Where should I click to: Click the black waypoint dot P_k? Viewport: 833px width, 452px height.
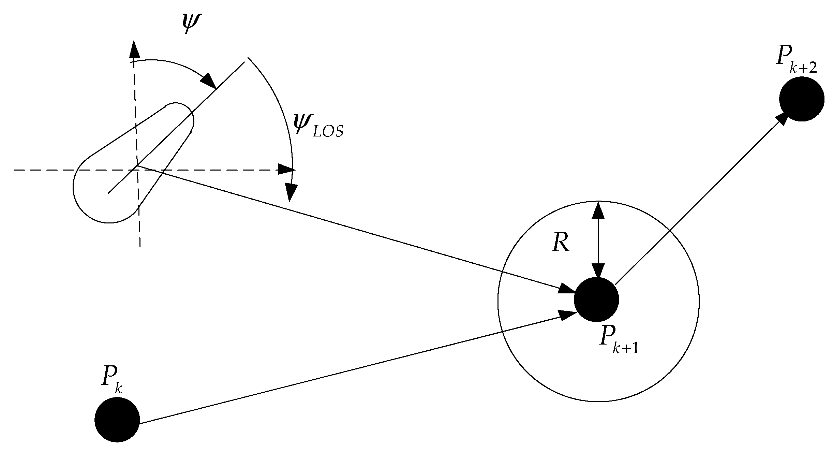[117, 420]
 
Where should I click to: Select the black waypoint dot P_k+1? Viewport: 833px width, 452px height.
[596, 300]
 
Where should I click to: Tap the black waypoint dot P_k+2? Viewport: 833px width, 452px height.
[801, 99]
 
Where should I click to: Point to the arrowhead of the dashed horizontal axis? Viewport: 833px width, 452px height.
[286, 169]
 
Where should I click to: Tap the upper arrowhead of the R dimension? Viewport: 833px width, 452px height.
[598, 210]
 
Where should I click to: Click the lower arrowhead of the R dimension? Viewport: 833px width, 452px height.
[598, 271]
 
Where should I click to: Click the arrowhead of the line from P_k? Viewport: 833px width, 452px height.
[567, 315]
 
